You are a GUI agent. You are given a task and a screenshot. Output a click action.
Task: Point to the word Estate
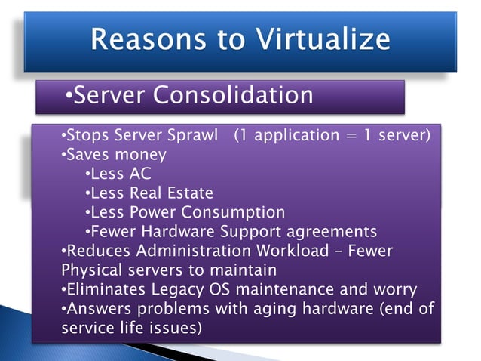[188, 193]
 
